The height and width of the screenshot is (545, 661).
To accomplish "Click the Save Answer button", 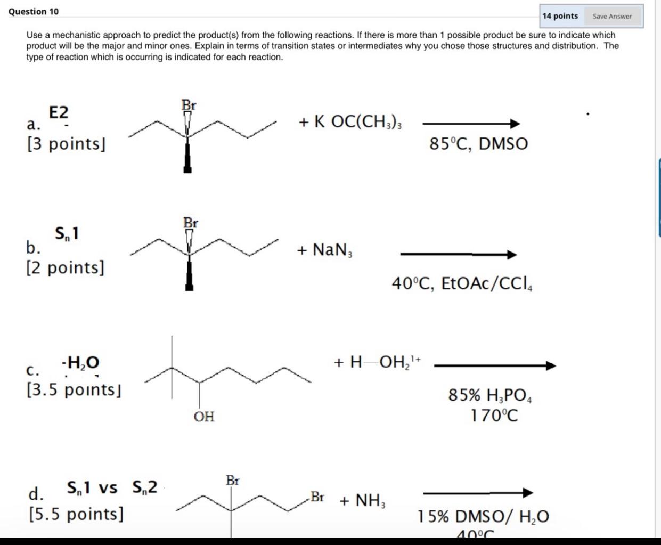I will (x=612, y=16).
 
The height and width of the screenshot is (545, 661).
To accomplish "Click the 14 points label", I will (x=560, y=16).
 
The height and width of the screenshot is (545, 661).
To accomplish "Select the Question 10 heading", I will (x=34, y=11).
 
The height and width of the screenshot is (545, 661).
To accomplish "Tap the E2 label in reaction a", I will (x=59, y=112).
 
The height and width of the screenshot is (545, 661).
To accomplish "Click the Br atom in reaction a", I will (x=189, y=105).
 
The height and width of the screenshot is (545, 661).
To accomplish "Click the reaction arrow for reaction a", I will (x=471, y=124).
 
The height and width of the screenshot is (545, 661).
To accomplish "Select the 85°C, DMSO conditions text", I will (x=478, y=143).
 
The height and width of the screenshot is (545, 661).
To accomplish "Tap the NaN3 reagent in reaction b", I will (x=324, y=249).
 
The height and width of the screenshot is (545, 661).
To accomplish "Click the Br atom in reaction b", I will (x=190, y=223).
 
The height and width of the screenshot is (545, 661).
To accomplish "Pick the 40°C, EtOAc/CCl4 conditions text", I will (x=462, y=283).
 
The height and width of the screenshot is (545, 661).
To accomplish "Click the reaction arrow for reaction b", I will (x=458, y=255).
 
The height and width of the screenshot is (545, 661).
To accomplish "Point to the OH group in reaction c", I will (x=203, y=417).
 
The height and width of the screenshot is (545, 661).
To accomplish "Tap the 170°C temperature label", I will (x=494, y=415).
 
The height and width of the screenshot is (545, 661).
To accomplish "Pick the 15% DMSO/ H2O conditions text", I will (x=483, y=516).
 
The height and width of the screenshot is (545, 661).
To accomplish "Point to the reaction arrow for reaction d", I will (x=478, y=493).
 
